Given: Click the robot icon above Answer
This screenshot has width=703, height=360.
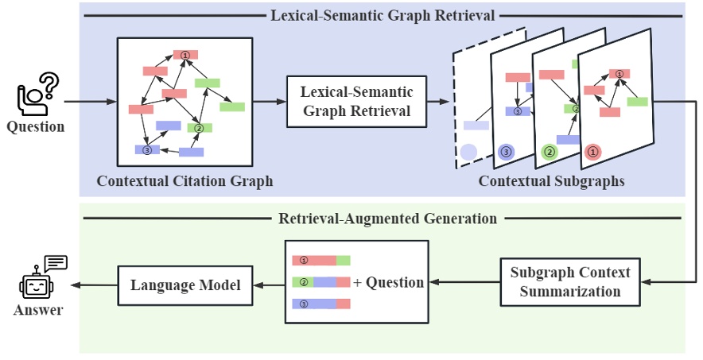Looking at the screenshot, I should (39, 280).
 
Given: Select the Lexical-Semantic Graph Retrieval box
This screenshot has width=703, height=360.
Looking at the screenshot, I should (355, 101).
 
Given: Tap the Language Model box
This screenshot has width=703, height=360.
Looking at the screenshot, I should (186, 284).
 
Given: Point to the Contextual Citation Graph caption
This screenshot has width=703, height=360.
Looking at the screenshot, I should (184, 181).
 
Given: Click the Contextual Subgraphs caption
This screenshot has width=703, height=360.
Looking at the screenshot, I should (551, 181).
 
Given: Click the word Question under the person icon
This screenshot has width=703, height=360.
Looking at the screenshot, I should (35, 126).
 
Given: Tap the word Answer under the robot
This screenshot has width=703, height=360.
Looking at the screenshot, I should (38, 310).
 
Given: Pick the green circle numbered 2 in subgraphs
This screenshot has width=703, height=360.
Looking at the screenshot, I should (548, 151).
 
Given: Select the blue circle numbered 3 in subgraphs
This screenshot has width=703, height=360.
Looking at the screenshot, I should (506, 151).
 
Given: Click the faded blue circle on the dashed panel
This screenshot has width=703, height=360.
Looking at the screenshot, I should (468, 151).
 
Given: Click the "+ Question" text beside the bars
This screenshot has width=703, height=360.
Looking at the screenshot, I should (388, 282).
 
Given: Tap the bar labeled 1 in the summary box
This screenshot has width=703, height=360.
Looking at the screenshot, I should (321, 260).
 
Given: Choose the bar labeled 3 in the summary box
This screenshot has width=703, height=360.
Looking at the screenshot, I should (321, 304).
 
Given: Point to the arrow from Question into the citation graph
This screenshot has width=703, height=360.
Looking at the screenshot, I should (90, 102).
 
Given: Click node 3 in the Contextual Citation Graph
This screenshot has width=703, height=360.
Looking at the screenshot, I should (146, 149).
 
